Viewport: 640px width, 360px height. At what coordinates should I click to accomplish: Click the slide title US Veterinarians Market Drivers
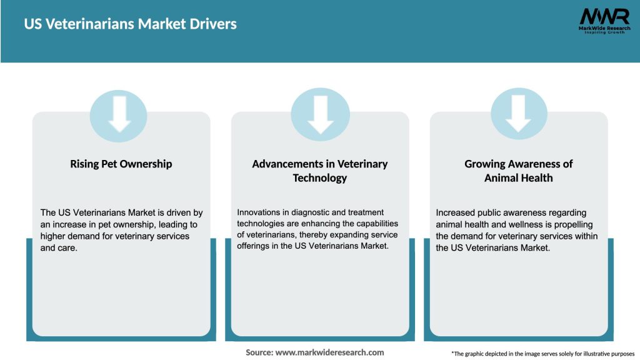click(130, 24)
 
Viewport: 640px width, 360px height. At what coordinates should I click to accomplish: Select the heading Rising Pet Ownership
click(121, 164)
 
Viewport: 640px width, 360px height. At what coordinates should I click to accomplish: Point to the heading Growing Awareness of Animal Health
click(518, 171)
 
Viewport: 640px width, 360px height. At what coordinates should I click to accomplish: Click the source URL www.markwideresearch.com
click(329, 352)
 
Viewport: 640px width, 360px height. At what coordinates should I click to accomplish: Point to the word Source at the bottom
click(259, 352)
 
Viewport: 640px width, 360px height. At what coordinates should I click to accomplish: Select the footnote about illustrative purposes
click(542, 354)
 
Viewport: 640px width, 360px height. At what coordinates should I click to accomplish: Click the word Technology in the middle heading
click(319, 177)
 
